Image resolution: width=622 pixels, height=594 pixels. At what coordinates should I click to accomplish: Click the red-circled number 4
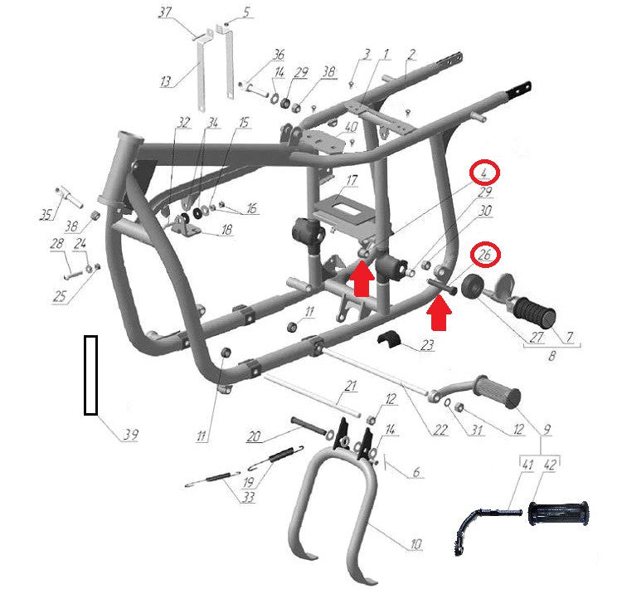point(484,173)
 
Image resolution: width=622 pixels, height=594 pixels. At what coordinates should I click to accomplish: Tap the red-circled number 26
point(485,255)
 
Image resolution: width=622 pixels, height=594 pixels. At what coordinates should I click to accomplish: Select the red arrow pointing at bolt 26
point(439,314)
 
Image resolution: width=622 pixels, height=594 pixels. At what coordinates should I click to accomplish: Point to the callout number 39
point(130,435)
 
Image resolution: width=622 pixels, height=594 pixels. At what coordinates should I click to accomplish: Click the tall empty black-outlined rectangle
point(91,375)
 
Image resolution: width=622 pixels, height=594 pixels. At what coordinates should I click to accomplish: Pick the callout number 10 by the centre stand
point(415,543)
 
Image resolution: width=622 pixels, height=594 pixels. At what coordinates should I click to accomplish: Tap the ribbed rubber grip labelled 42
point(558,514)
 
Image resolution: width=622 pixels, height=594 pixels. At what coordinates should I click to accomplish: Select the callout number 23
point(427,345)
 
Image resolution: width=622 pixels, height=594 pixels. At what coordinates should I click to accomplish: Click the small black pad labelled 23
point(389,340)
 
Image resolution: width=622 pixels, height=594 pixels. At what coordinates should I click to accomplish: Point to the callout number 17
point(352,181)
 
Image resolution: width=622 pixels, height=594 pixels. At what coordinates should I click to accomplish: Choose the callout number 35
point(46,215)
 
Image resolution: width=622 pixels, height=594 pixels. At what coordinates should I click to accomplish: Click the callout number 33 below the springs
point(248,497)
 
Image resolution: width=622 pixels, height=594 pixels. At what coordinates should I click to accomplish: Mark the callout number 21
point(351,386)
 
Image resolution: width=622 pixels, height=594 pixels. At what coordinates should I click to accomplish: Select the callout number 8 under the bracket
point(552,356)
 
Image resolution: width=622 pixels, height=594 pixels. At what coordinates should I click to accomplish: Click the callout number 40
point(352,127)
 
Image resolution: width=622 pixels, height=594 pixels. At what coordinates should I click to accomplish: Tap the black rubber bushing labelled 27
point(473,286)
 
